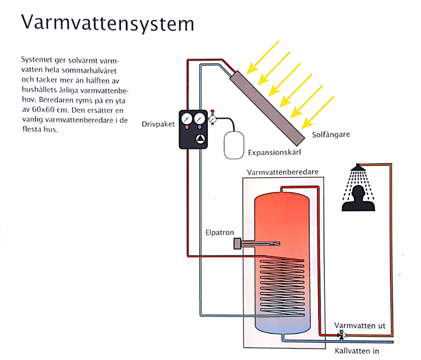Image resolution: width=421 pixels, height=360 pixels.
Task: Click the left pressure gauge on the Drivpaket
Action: click(186, 120)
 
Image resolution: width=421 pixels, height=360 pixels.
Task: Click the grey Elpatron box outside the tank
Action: click(236, 244)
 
